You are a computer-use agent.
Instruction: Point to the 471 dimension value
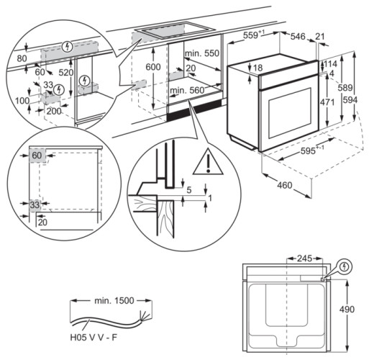(329, 102)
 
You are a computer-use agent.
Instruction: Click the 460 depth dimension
(284, 186)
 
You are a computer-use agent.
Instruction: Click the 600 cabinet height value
(152, 67)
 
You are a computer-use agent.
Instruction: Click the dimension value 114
(332, 63)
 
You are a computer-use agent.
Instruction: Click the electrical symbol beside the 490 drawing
(345, 266)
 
